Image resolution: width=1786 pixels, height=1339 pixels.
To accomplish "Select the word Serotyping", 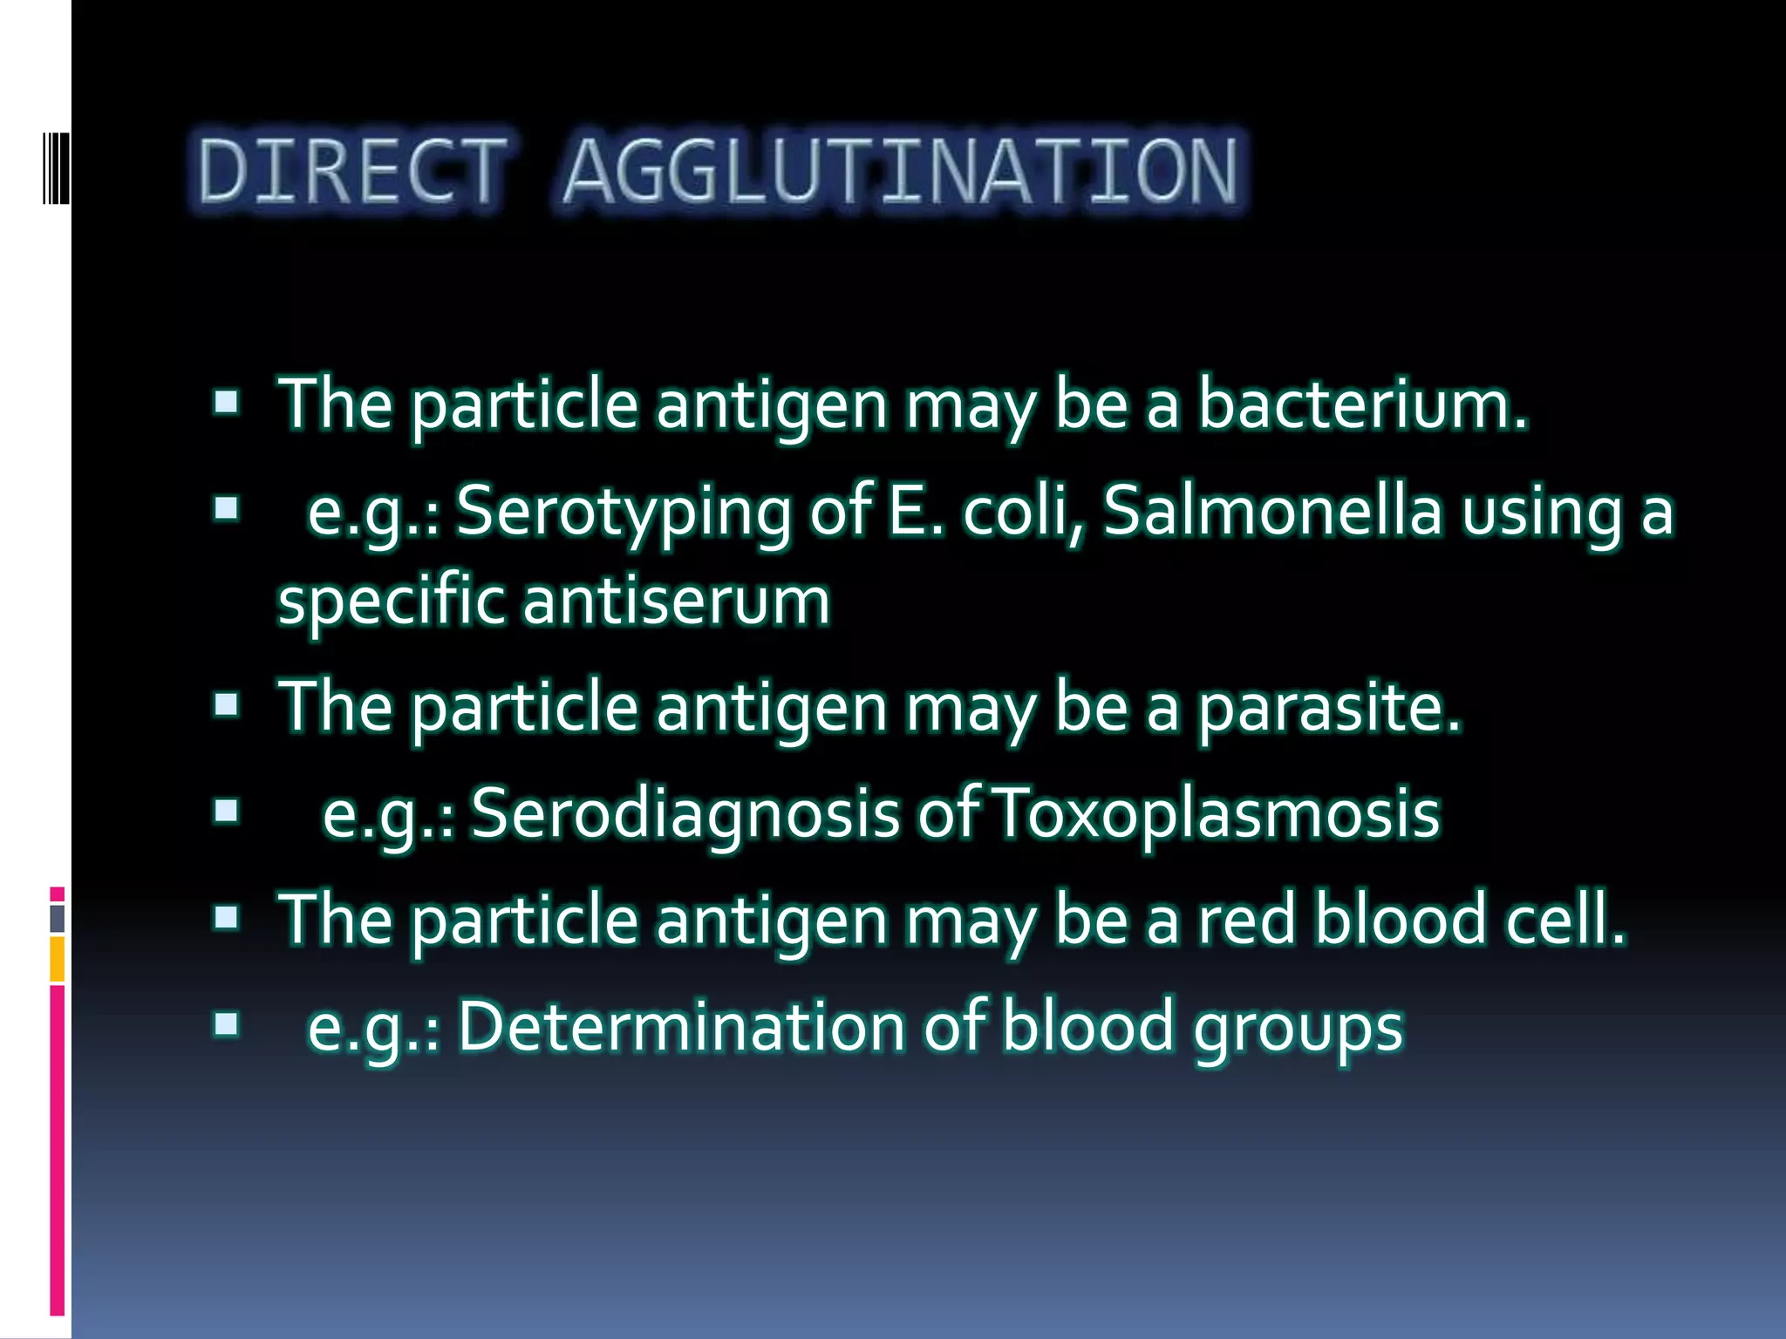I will pos(624,512).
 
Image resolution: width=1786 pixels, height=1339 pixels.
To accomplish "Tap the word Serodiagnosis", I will pos(685,813).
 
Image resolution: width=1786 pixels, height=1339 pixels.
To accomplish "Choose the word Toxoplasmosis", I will pos(1217,813).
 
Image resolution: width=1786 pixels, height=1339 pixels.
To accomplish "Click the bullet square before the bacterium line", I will pos(226,403).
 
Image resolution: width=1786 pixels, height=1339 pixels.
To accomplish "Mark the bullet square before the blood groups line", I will pos(226,1025).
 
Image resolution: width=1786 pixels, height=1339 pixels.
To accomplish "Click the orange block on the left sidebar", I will pos(57,958).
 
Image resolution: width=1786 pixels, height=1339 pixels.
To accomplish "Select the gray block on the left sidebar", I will pos(57,918).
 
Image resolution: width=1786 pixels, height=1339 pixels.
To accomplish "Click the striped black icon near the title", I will pos(56,167).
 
